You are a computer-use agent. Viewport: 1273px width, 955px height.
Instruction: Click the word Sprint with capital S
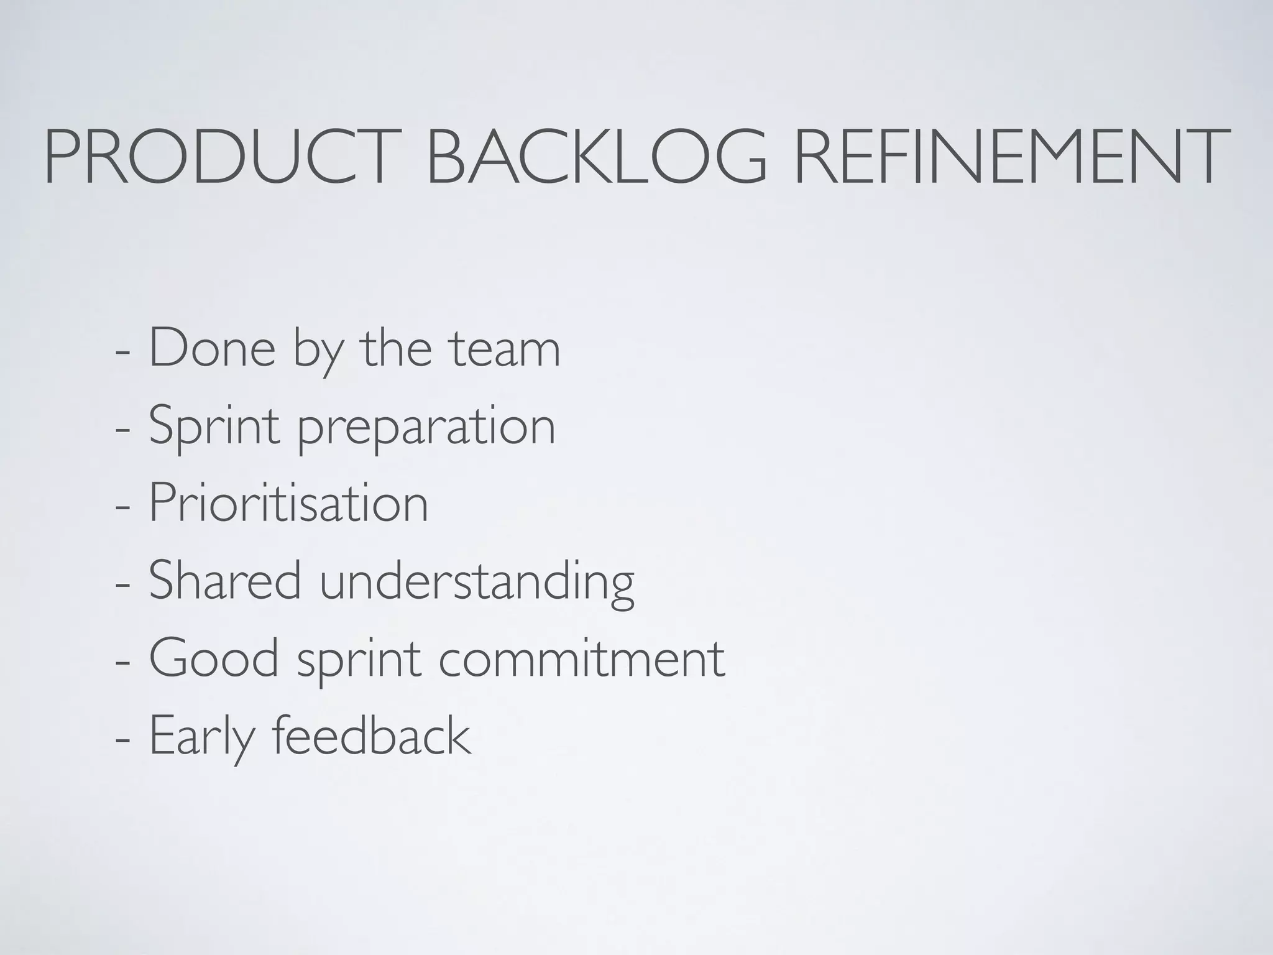[214, 427]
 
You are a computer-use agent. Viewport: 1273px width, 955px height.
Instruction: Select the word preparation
[426, 429]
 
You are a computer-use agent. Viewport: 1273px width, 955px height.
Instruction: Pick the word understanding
[477, 582]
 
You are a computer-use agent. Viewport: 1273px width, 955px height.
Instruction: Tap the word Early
[203, 737]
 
